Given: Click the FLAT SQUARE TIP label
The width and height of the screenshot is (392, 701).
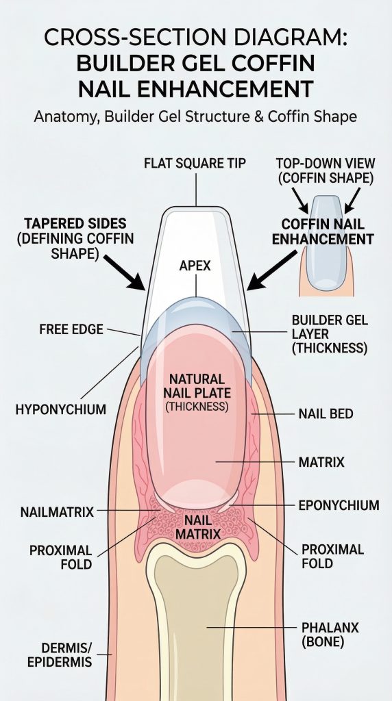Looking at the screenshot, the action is click(195, 164).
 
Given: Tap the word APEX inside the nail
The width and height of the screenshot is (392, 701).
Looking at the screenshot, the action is click(195, 266).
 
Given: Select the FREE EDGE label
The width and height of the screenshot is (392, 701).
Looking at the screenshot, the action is click(71, 329).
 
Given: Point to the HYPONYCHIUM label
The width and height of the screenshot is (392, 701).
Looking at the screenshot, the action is click(61, 409).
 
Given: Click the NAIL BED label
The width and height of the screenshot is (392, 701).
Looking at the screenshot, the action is click(326, 414).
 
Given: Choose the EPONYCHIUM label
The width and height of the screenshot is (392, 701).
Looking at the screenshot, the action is click(339, 505).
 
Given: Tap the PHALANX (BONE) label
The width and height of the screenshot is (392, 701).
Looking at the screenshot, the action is click(330, 635).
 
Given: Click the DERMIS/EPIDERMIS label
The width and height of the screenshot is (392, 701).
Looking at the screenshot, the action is click(60, 654).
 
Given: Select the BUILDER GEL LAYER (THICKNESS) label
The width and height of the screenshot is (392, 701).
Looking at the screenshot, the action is click(330, 334).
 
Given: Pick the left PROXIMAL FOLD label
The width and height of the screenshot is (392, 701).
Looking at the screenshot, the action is click(61, 557).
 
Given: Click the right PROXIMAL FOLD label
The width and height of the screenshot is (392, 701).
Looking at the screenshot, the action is click(332, 556).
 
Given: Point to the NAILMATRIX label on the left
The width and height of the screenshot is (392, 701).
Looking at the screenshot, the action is click(58, 512).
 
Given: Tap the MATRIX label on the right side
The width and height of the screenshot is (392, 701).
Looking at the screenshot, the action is click(321, 462).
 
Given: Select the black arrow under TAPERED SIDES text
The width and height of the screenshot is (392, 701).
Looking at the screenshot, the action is click(125, 272).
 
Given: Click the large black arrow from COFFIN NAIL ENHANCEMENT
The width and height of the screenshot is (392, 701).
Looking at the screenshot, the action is click(271, 270).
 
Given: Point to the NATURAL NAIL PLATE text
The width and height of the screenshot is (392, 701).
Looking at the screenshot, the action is click(197, 386).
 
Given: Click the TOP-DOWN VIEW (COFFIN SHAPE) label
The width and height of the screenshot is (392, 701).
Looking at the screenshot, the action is click(326, 170).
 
